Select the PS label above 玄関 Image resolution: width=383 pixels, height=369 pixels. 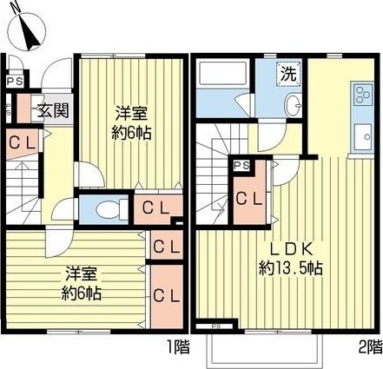coord(14,82)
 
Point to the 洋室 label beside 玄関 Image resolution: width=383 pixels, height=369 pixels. coord(132,113)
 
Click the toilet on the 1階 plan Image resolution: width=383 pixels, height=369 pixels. coord(105,208)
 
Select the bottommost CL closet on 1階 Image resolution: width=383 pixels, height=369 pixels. coord(165,295)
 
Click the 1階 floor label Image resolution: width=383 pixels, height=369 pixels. coord(177,346)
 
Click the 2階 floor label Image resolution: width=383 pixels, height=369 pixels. coord(368,346)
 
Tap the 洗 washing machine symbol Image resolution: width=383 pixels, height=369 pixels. coord(287,74)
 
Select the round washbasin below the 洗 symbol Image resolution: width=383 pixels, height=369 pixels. coord(292,106)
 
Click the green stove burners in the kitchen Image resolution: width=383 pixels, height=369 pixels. coord(360,93)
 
